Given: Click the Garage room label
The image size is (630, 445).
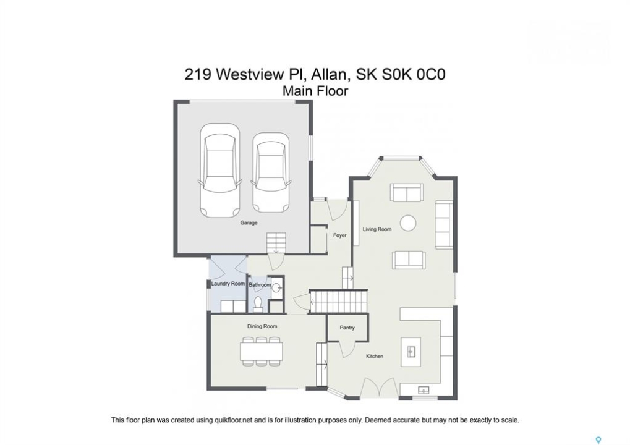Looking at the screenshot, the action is [x=249, y=222].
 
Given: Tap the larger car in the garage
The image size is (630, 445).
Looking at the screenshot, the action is [x=219, y=171].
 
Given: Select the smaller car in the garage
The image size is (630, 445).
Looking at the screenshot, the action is [x=270, y=173].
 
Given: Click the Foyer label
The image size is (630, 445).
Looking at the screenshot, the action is [x=339, y=235].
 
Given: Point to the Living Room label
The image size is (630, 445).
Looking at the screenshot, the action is [x=377, y=229].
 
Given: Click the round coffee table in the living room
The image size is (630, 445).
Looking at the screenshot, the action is [x=408, y=222].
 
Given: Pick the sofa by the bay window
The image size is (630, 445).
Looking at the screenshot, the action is [x=407, y=192].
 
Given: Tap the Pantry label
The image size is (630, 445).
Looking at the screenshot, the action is [x=347, y=328].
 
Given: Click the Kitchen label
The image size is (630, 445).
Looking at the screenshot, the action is [x=375, y=356].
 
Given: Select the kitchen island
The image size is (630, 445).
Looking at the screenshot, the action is [x=411, y=352].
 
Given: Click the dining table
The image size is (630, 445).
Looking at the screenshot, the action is [x=261, y=352].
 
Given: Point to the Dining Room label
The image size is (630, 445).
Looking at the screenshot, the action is [x=262, y=326].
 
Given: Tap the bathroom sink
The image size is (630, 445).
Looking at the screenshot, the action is [x=277, y=287].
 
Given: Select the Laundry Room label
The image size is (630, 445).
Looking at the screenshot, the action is [x=228, y=284].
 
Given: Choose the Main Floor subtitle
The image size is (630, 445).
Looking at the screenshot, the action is [x=315, y=91].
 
